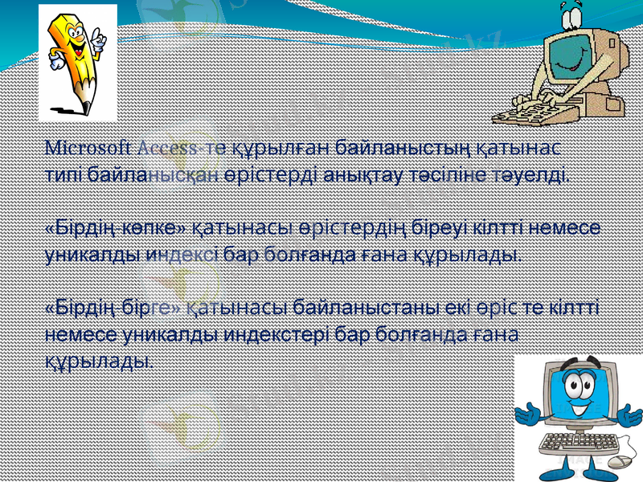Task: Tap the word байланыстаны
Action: pos(366,308)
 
